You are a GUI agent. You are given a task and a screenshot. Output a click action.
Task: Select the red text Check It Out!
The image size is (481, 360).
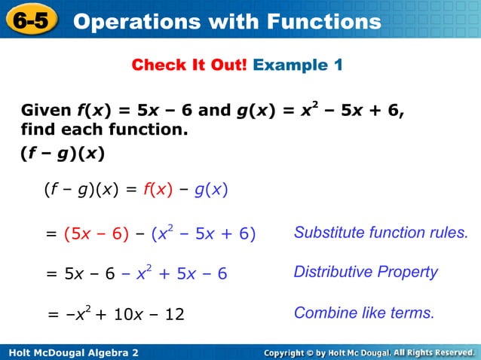pyautogui.click(x=189, y=66)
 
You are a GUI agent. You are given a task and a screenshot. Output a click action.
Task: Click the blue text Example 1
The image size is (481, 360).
pyautogui.click(x=298, y=66)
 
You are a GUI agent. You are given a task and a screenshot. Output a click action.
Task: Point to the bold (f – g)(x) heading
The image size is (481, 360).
pyautogui.click(x=63, y=154)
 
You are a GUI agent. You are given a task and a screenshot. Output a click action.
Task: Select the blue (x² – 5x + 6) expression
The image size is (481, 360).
pyautogui.click(x=204, y=234)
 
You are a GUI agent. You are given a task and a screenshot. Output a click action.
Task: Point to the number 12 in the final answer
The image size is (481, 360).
pyautogui.click(x=174, y=313)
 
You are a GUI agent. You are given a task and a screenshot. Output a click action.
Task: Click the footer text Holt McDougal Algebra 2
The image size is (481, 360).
pyautogui.click(x=72, y=352)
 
